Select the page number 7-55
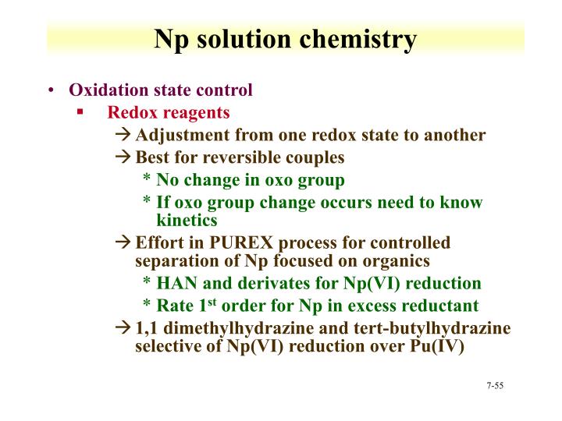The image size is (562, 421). click(495, 386)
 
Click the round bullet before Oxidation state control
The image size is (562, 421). click(51, 90)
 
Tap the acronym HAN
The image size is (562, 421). click(176, 283)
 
